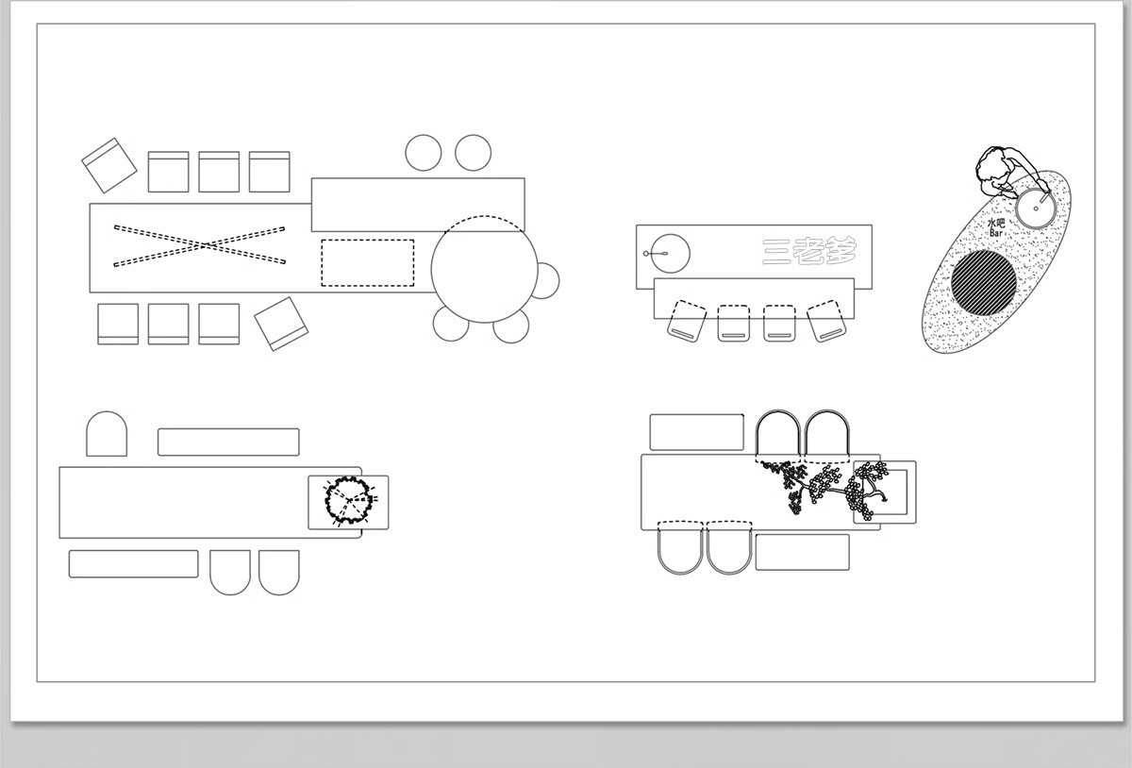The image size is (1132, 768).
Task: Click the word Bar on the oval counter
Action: pos(995,233)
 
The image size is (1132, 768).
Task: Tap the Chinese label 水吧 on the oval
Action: pos(996,223)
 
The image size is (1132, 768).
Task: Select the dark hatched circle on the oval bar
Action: pos(984,283)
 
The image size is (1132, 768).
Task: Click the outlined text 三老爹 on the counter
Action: pos(809,251)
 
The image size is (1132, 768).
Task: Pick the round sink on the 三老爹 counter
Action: pos(670,253)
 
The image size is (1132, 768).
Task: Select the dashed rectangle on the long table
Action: pos(367,263)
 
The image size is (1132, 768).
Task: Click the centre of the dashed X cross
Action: pos(200,245)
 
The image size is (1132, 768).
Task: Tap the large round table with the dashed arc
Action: pos(484,270)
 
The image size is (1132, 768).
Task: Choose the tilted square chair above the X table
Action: pos(109,165)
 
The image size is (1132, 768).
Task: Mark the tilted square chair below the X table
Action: pos(281,324)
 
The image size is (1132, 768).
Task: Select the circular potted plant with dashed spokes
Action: pos(349,501)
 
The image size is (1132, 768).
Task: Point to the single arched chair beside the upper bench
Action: pos(107,434)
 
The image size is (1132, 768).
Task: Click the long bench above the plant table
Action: pos(228,442)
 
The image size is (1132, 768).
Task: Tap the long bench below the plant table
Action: pos(133,564)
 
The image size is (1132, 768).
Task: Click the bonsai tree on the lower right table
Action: pos(824,488)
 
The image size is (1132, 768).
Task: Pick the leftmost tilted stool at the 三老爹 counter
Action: pos(687,321)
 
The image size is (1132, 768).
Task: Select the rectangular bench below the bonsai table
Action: pos(803,552)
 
